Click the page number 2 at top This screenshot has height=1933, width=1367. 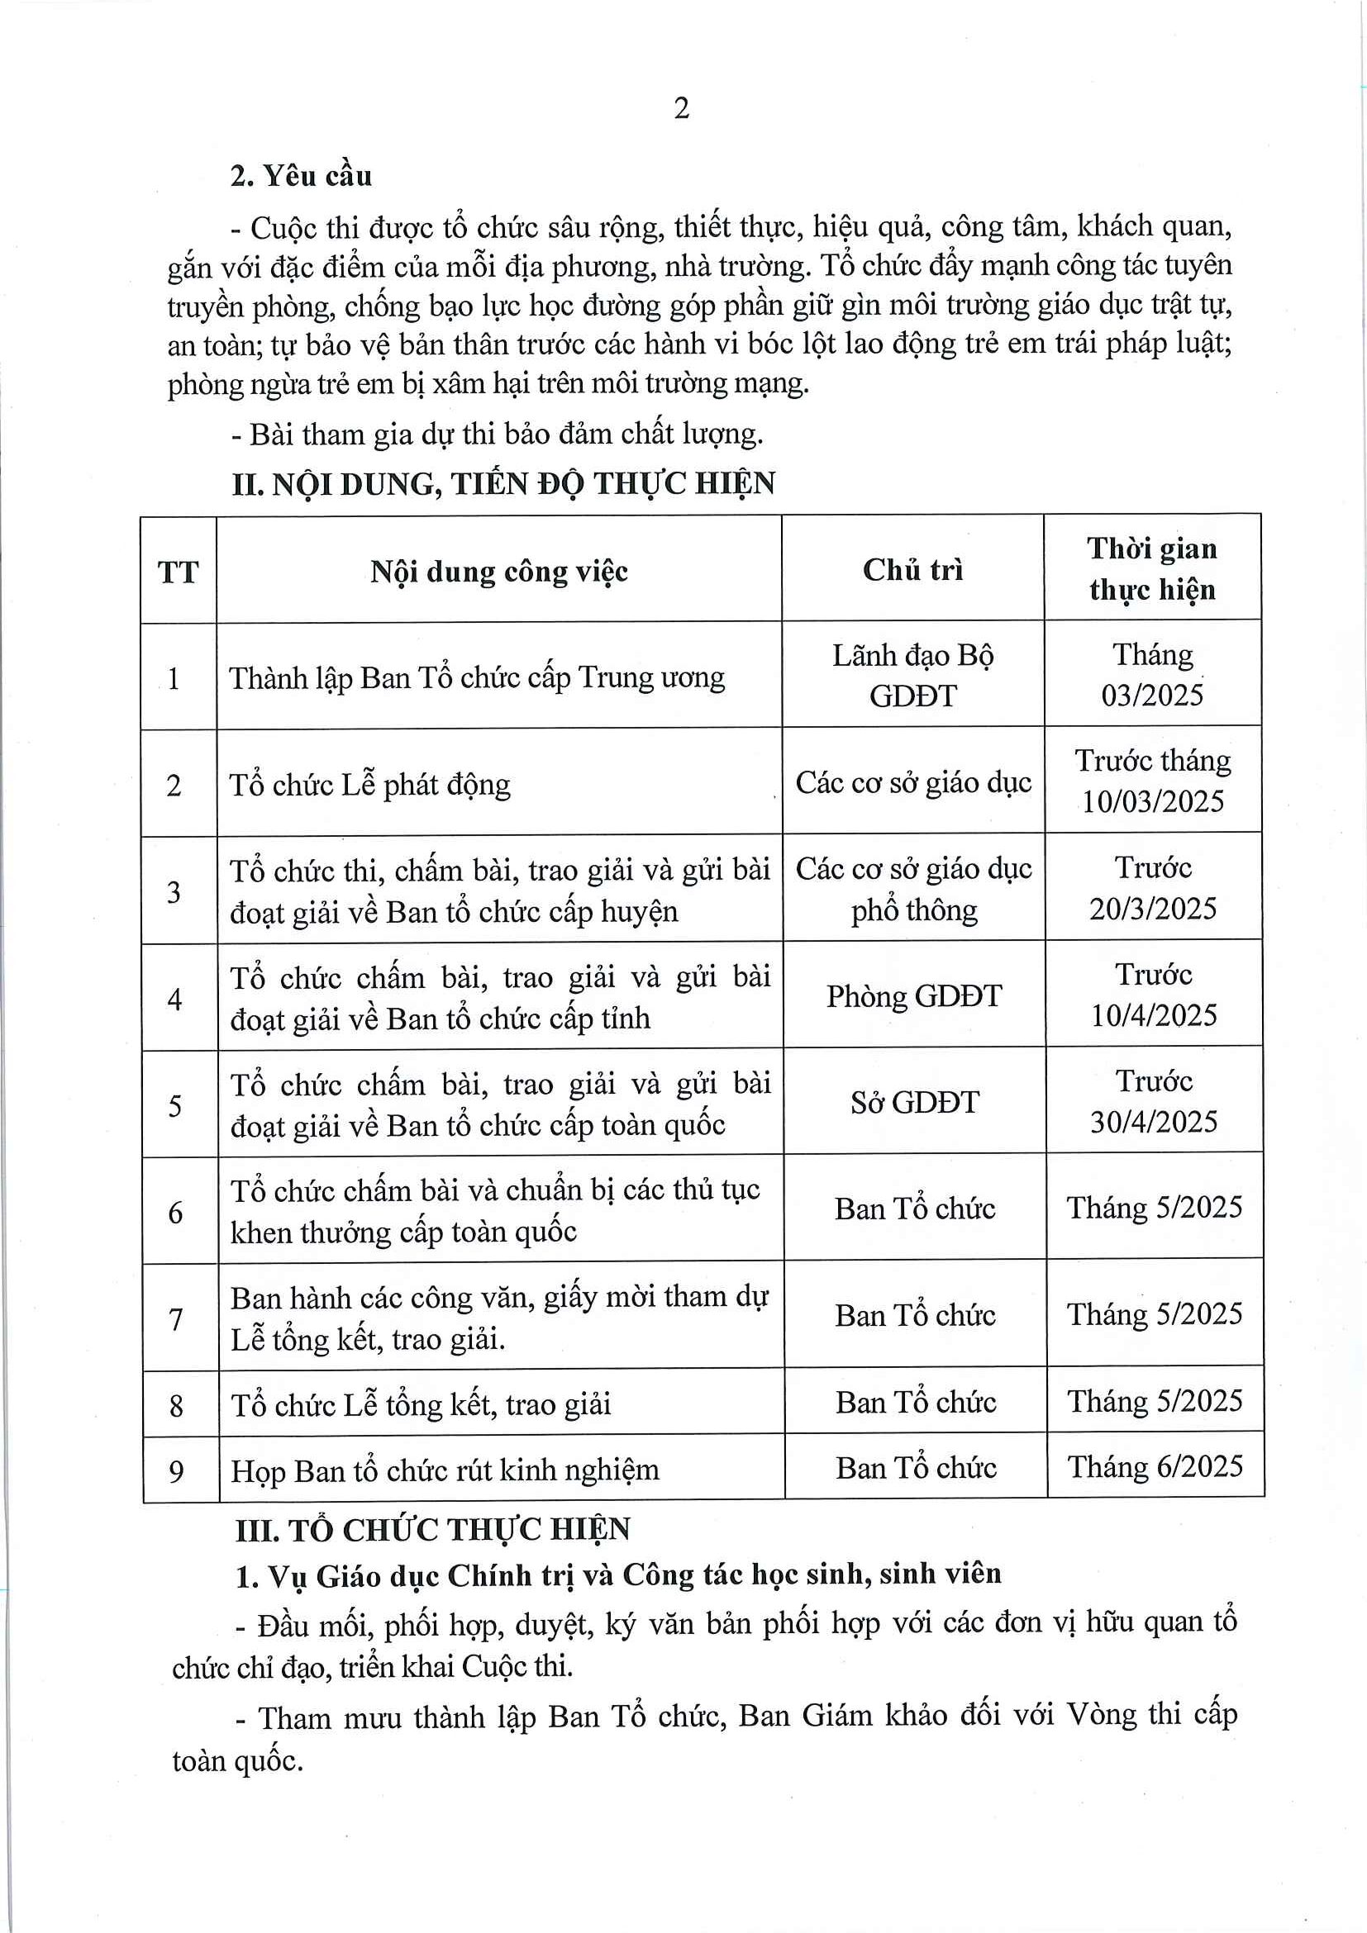point(681,108)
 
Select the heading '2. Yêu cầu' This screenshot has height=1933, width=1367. point(301,176)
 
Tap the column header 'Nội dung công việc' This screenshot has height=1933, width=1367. point(498,572)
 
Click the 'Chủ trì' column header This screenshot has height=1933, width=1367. point(912,570)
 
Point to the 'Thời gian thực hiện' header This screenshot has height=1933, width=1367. point(1151,568)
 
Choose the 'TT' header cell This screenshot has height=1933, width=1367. point(178,572)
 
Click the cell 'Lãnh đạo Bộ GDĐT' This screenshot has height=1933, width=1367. point(913,675)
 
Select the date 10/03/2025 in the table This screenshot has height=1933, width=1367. point(1152,801)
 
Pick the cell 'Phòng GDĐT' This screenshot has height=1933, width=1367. point(914,997)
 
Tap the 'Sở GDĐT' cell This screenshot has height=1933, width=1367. point(915,1103)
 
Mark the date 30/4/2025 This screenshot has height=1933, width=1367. point(1153,1123)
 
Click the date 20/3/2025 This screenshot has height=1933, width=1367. point(1152,910)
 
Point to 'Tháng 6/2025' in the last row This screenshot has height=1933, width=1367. point(1155,1466)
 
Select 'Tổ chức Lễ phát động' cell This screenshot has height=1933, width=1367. point(369,786)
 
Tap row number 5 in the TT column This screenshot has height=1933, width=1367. point(174,1105)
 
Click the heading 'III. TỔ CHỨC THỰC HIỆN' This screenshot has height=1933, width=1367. point(432,1530)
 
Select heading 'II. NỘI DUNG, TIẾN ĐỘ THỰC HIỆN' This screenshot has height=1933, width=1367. point(503,484)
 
